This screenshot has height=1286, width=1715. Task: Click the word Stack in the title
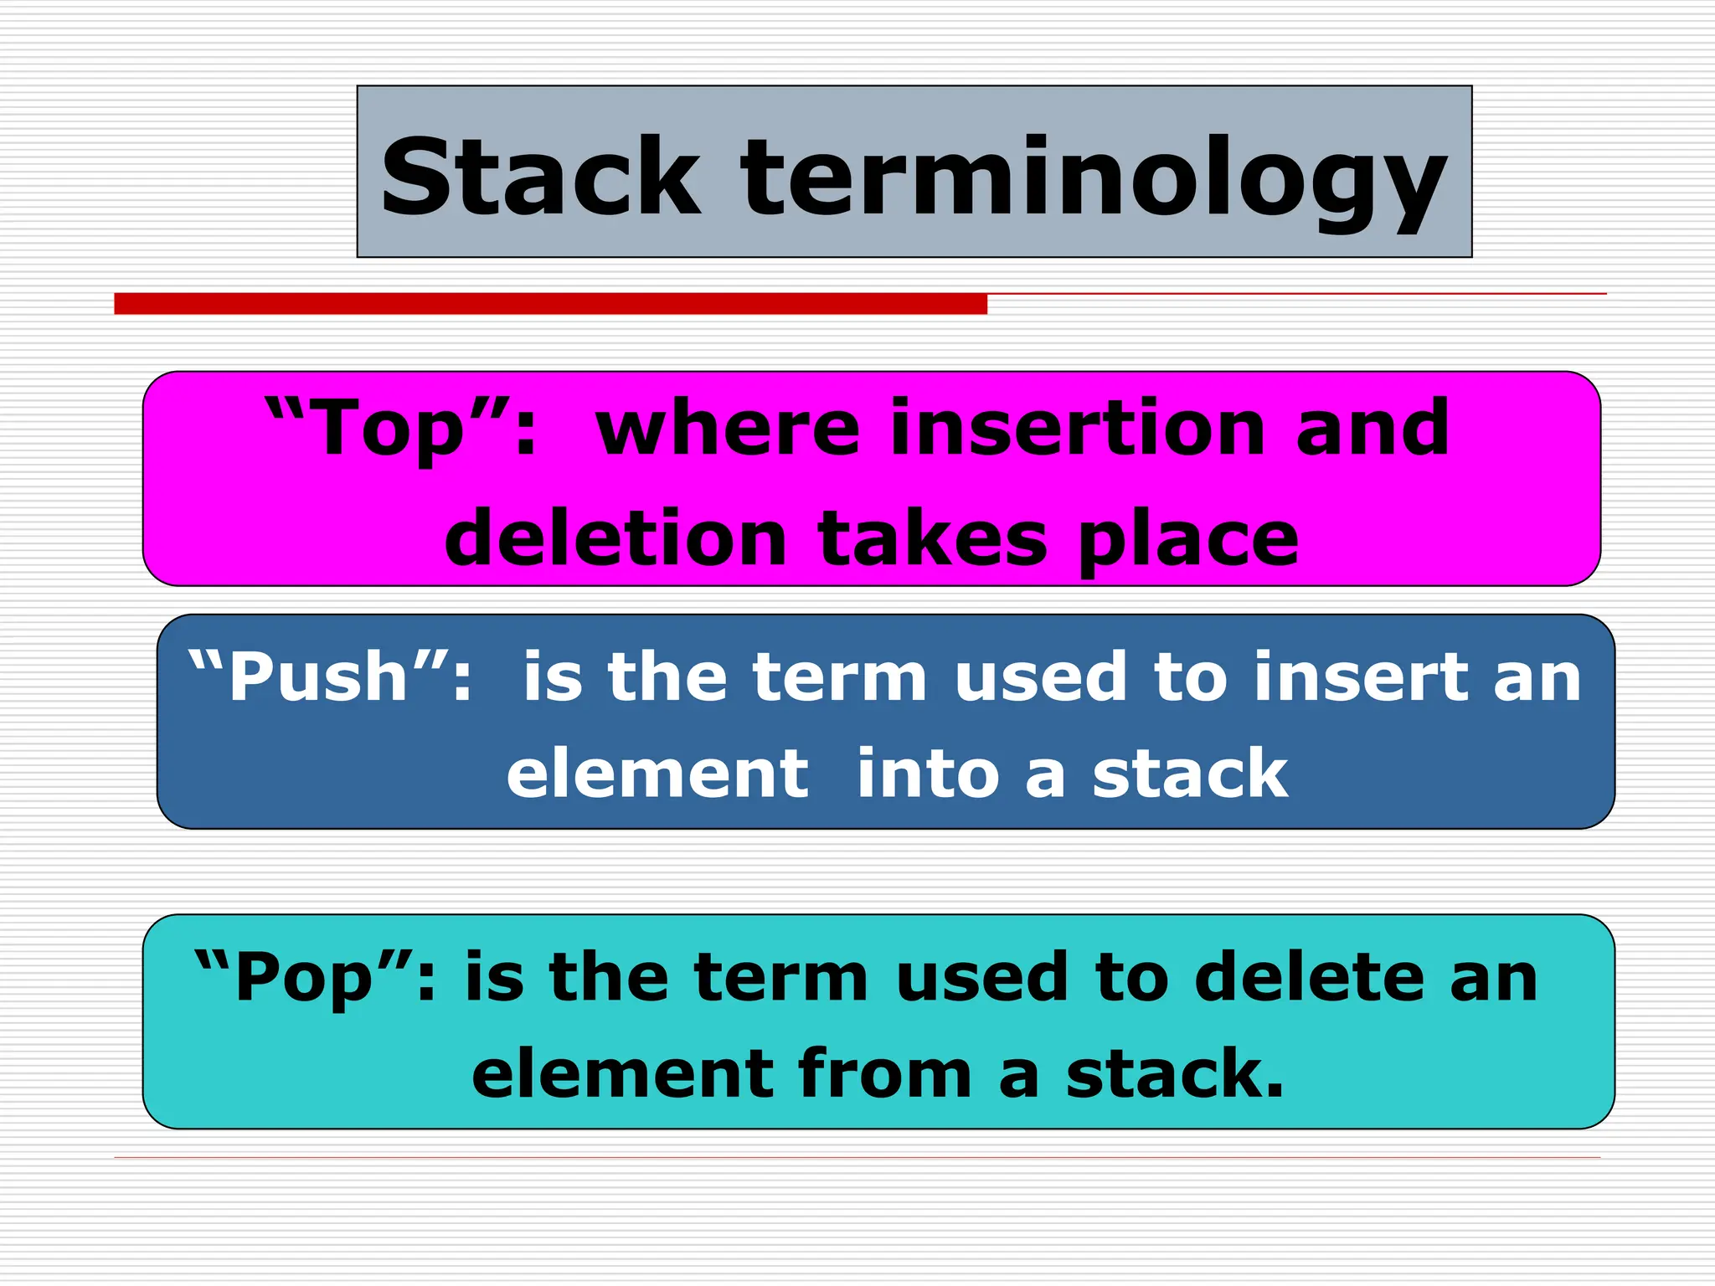pos(540,177)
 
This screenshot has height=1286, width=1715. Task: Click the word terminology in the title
pos(1093,180)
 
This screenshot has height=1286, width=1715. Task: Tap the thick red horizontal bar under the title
pos(550,303)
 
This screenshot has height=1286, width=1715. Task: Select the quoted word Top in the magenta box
pos(389,429)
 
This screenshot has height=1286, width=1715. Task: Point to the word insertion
pos(1076,428)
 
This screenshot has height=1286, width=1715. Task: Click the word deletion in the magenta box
pos(615,539)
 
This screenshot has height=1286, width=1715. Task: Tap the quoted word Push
pos(318,676)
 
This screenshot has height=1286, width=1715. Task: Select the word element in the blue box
pos(657,774)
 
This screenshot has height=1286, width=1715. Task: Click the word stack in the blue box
pos(1190,774)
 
